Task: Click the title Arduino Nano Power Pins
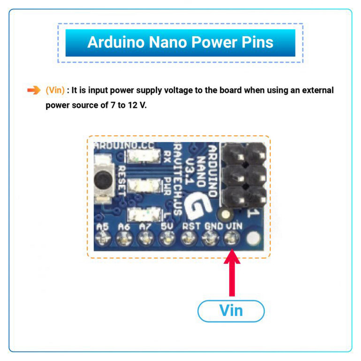pos(180,43)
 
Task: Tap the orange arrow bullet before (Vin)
pos(34,90)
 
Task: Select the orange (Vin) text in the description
pos(55,90)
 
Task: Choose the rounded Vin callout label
pos(231,310)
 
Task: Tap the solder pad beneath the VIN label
pos(231,240)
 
